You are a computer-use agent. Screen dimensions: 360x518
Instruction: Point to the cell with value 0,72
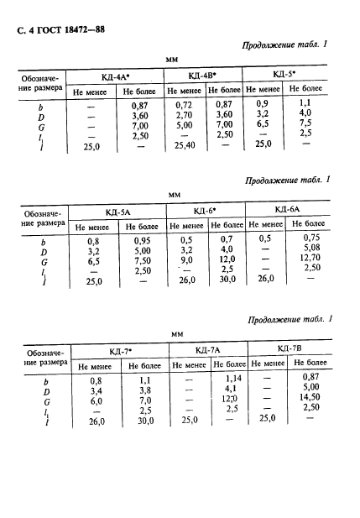pyautogui.click(x=184, y=104)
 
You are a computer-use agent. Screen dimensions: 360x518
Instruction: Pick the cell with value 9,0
pyautogui.click(x=184, y=260)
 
